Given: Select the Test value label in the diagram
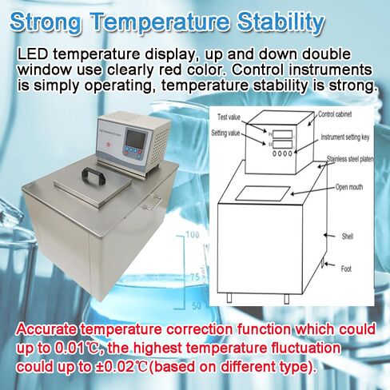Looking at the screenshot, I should [x=232, y=117].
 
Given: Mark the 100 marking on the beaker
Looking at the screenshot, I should [x=193, y=236].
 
